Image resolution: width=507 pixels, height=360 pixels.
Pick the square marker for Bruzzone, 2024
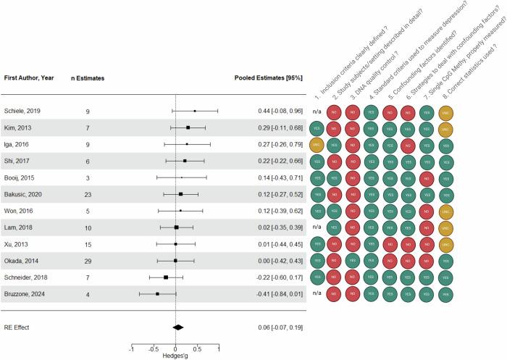pos(157,293)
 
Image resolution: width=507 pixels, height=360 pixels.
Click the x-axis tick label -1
pos(132,347)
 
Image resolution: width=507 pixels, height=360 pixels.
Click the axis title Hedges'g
pos(177,356)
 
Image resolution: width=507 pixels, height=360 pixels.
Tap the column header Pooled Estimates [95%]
pos(269,77)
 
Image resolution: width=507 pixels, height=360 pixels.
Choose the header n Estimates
pos(88,77)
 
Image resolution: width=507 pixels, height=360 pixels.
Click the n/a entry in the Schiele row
pos(317,112)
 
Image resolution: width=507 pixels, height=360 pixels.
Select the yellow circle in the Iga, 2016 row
pos(316,145)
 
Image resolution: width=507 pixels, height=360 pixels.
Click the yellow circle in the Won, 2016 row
pos(447,211)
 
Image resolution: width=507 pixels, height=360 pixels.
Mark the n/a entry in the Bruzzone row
pos(317,293)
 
